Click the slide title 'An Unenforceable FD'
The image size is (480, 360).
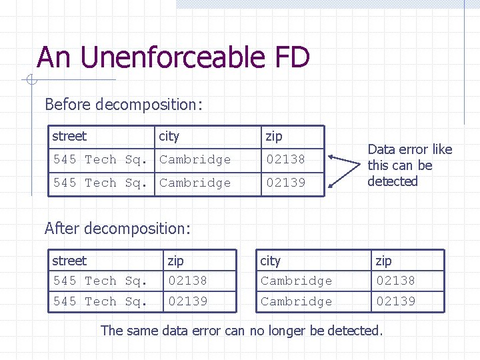tap(173, 57)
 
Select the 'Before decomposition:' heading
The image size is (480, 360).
tap(123, 105)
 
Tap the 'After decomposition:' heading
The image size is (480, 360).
tap(117, 229)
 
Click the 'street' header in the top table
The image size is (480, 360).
tap(69, 137)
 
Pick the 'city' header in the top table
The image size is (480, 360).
tap(169, 137)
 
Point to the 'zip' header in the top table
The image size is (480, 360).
tap(274, 137)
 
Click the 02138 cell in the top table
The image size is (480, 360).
tap(285, 159)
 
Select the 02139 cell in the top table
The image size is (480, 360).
tap(285, 183)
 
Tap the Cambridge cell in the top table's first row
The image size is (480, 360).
tap(195, 159)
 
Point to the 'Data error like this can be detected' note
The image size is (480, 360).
tap(409, 165)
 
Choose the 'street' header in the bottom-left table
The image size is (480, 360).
tap(69, 261)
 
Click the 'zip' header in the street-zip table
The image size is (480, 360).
tap(176, 261)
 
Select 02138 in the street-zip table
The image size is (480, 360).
tap(187, 281)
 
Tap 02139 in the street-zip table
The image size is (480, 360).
tap(187, 301)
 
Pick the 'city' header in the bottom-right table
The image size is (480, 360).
tap(271, 261)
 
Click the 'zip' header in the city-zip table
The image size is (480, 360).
tap(384, 261)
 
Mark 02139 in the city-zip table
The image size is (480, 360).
tap(395, 301)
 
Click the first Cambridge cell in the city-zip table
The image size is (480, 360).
tap(296, 281)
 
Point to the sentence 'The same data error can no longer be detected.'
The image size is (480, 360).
tap(242, 330)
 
